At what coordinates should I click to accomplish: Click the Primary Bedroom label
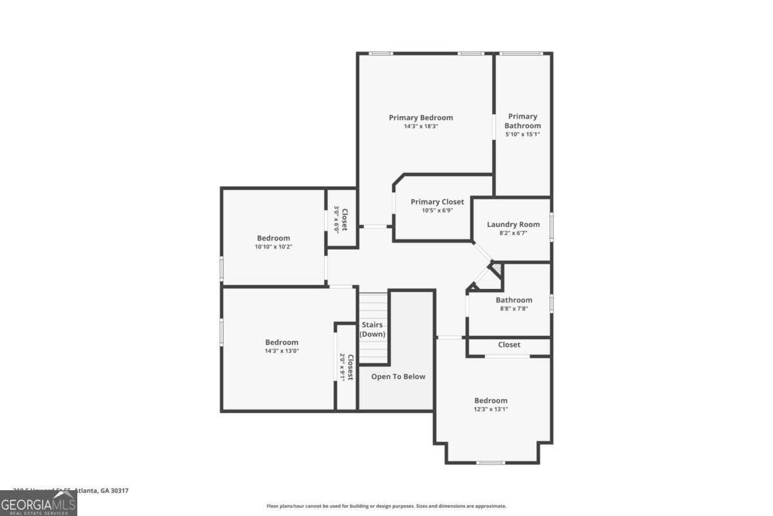(x=421, y=117)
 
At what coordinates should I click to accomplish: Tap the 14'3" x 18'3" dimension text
(x=421, y=126)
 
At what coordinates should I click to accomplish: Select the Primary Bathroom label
(x=522, y=121)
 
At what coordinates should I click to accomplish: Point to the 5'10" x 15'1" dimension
(x=522, y=135)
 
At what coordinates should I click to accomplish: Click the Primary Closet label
(x=437, y=202)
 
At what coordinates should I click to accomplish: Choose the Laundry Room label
(x=513, y=224)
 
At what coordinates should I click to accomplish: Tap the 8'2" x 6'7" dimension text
(x=513, y=233)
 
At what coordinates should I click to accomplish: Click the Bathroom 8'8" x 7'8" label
(x=513, y=300)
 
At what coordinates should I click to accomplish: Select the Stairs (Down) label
(x=372, y=329)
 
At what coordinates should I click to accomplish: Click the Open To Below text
(x=398, y=377)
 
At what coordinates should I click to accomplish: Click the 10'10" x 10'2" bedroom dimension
(x=273, y=247)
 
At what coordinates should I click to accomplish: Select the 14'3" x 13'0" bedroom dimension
(x=282, y=351)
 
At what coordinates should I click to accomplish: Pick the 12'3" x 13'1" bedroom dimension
(x=491, y=409)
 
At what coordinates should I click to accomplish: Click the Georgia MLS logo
(x=38, y=503)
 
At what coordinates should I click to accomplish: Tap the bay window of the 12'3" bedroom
(x=491, y=462)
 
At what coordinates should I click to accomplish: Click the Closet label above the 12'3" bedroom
(x=509, y=345)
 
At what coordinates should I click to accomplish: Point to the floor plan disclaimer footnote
(x=386, y=506)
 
